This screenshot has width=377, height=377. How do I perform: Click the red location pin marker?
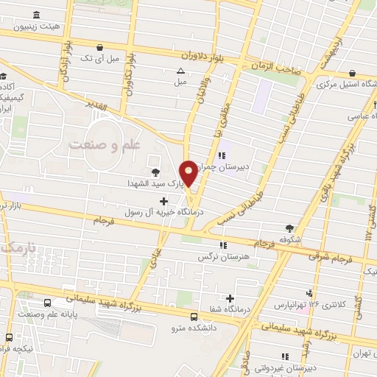[x=189, y=172]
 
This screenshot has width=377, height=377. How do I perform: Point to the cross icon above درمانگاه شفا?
[x=231, y=298]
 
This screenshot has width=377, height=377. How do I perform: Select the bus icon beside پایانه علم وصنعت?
[x=49, y=303]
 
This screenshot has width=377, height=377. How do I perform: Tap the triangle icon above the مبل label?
[x=180, y=71]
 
